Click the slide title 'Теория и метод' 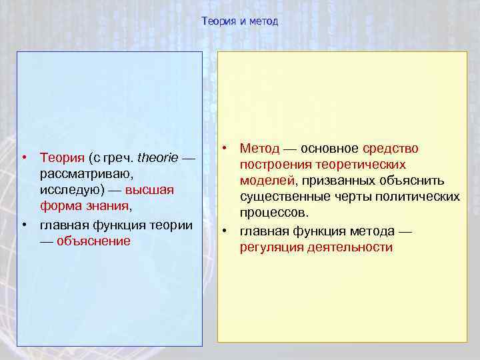coord(240,21)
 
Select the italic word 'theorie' coord(157,158)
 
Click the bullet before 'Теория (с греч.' coord(23,158)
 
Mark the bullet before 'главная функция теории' coord(23,224)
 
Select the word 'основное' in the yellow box coord(329,148)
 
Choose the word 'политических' coord(419,197)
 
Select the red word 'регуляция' coord(270,247)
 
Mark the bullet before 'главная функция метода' coord(226,231)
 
